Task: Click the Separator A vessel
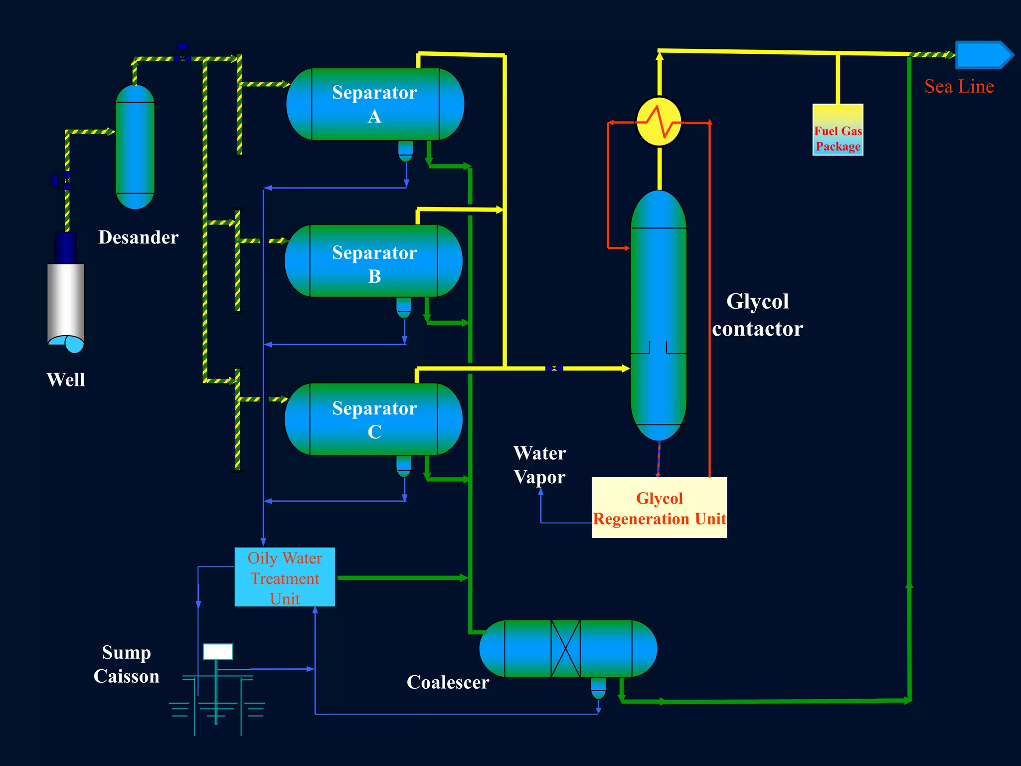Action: [x=375, y=104]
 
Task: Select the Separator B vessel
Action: [x=374, y=261]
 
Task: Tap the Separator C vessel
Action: [x=374, y=419]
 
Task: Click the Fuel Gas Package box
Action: [x=838, y=130]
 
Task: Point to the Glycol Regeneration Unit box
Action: [x=659, y=508]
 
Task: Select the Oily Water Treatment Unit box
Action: [x=285, y=577]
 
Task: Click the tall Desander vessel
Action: [x=135, y=147]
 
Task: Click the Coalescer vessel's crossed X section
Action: [x=565, y=649]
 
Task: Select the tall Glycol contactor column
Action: [x=659, y=314]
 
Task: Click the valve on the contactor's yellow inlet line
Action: [x=554, y=369]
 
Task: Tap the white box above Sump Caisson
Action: [x=218, y=652]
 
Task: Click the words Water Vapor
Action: [x=539, y=465]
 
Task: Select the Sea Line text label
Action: [x=959, y=87]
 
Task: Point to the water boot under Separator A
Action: [x=406, y=151]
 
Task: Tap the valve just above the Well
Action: [x=62, y=180]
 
